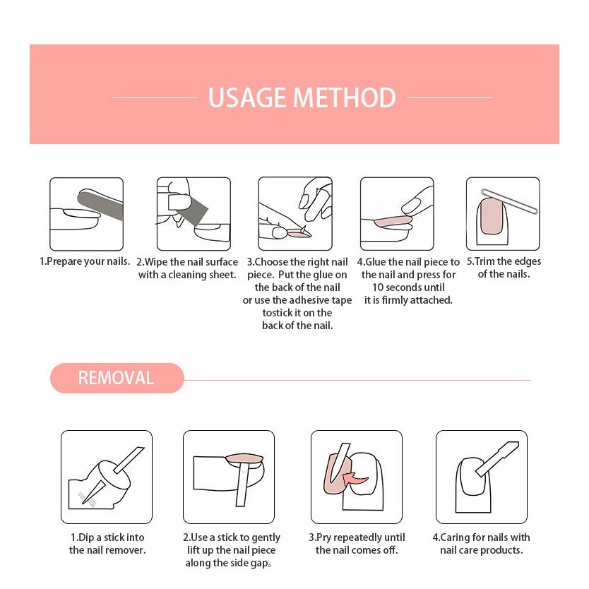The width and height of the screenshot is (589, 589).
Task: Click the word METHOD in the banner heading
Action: coord(344,97)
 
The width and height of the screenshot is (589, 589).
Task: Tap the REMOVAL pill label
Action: coord(117,378)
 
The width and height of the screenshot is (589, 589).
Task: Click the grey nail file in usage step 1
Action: coord(100,204)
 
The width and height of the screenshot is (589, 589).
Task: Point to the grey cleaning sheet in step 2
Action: coord(191,210)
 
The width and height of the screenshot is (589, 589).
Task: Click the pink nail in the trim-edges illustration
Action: coord(492,216)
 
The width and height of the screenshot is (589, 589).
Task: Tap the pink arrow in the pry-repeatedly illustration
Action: coord(355,479)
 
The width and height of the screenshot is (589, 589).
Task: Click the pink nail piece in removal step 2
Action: coord(244,458)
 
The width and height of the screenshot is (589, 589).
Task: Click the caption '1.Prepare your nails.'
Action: coord(85,261)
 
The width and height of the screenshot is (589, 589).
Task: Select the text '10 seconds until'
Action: coord(408,287)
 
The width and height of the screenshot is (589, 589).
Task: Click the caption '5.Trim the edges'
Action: coord(504,261)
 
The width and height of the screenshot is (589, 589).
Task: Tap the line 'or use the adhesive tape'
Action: coord(297,300)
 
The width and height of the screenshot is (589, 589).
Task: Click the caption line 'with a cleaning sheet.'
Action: coord(187,275)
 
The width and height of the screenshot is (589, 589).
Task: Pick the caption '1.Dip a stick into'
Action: coord(107,537)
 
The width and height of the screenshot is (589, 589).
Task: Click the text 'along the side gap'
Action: coord(227,563)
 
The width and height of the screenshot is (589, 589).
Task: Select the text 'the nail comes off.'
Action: coord(357,550)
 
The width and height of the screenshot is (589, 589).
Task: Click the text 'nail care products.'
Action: coord(482,550)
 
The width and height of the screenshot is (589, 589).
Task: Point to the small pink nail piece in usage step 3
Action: coord(299,234)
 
